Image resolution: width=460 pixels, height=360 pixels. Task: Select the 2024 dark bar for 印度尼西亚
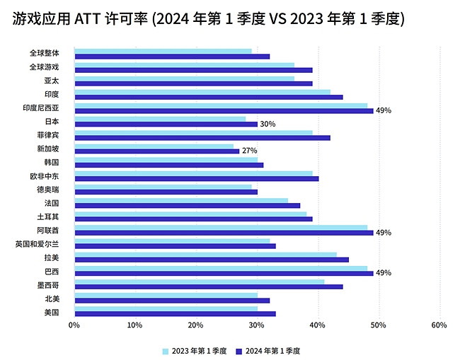click(x=224, y=110)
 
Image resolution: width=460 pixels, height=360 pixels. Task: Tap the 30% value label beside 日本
click(x=268, y=124)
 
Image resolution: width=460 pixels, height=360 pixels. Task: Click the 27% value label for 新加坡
click(x=249, y=151)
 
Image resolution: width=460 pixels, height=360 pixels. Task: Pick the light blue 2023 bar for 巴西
click(x=221, y=268)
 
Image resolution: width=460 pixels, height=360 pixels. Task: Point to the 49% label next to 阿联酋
click(x=384, y=232)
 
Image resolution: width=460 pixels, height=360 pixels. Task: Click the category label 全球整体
click(x=45, y=53)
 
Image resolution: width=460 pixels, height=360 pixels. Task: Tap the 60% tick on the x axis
click(x=439, y=325)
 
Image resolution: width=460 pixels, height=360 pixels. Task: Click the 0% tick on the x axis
click(x=74, y=325)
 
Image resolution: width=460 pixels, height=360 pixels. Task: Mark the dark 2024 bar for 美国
click(x=175, y=313)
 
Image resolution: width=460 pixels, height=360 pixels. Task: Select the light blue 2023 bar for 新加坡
click(x=154, y=146)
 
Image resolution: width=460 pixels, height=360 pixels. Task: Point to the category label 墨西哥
click(x=48, y=285)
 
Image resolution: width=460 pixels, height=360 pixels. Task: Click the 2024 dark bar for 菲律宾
click(x=202, y=137)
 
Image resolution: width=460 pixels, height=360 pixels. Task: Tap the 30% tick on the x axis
click(x=257, y=325)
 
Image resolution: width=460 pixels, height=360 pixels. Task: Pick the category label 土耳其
click(x=48, y=217)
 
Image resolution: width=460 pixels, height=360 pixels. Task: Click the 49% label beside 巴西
click(x=384, y=273)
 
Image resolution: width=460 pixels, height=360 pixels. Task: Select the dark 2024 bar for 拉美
click(x=212, y=260)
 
